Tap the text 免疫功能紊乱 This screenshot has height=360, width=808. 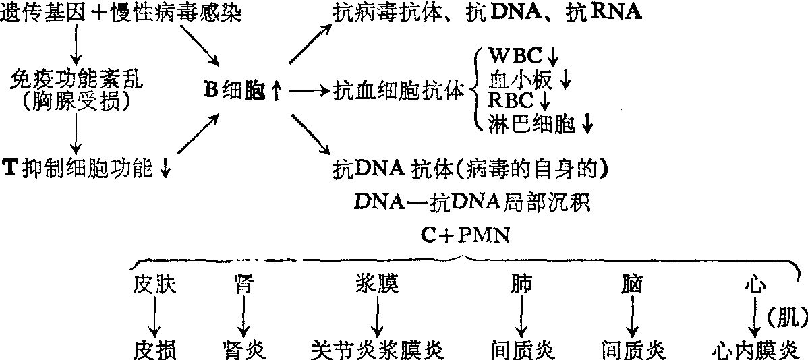coord(78,80)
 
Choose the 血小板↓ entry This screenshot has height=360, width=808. coord(529,80)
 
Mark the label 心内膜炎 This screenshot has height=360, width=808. coord(756,350)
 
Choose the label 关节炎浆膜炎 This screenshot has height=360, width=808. coord(380,350)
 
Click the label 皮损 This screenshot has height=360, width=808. coord(154,350)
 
